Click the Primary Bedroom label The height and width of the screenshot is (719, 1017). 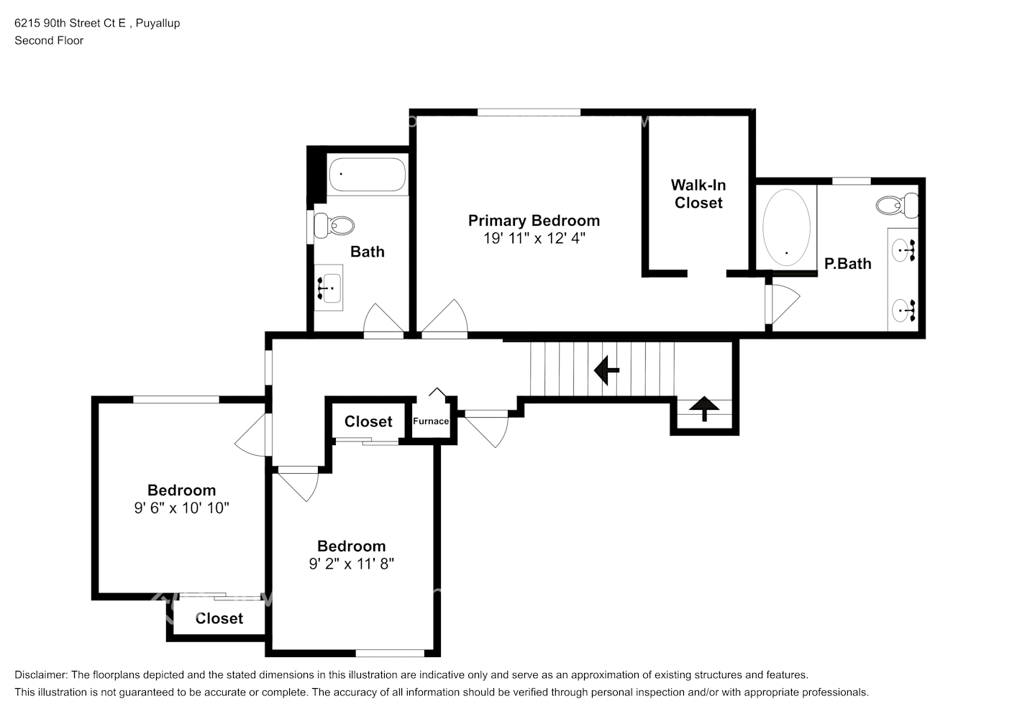(x=534, y=221)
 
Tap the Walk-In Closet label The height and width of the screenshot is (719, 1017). (x=698, y=194)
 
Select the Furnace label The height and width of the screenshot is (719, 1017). (x=431, y=421)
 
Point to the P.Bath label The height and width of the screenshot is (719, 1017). (x=848, y=264)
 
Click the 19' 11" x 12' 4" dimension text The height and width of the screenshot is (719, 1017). (x=534, y=238)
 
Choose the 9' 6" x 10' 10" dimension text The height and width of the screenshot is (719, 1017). (x=181, y=508)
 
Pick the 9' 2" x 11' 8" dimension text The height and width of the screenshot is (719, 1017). (x=352, y=563)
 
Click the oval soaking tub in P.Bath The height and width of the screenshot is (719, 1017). (x=786, y=227)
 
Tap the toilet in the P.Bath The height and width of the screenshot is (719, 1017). (x=897, y=205)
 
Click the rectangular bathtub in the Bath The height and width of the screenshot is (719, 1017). (x=368, y=174)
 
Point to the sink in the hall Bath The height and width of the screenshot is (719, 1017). (x=329, y=288)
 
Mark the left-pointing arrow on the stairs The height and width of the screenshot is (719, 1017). (x=606, y=370)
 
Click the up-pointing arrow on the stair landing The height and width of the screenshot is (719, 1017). (x=704, y=408)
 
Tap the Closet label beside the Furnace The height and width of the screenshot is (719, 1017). (x=368, y=421)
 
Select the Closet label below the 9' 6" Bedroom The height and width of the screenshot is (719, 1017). (x=219, y=618)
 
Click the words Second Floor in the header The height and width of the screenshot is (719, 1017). (x=49, y=40)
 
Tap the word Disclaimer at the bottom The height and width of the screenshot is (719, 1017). (x=40, y=675)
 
